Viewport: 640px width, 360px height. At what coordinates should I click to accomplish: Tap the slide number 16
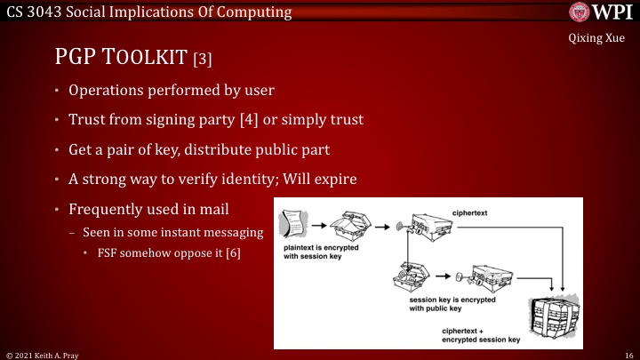[x=626, y=353]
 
